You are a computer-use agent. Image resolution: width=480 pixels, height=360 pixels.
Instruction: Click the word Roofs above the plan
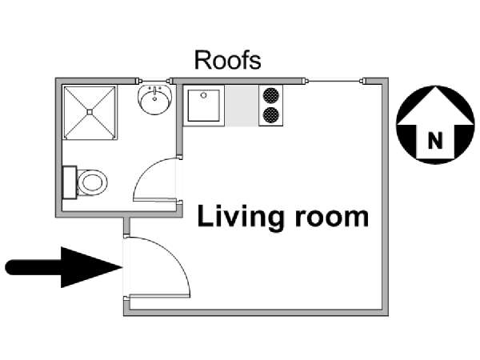[x=228, y=60]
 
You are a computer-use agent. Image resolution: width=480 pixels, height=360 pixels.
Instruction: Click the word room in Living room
[x=332, y=218]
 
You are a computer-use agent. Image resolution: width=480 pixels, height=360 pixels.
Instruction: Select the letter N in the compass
[x=435, y=141]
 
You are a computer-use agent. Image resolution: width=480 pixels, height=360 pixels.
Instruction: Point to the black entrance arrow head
[x=91, y=267]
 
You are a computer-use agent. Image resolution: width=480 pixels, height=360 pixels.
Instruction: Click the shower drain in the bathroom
[x=90, y=112]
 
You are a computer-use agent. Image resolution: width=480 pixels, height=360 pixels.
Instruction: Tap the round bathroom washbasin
[x=155, y=100]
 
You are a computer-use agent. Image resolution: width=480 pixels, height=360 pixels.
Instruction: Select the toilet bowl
[x=92, y=182]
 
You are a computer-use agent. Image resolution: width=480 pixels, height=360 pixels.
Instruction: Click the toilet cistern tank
[x=70, y=182]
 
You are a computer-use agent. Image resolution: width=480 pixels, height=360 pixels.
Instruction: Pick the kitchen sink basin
[x=203, y=106]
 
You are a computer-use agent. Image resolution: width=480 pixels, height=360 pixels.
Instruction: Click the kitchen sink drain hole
[x=203, y=95]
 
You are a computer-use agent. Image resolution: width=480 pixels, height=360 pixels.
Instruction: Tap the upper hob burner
[x=271, y=95]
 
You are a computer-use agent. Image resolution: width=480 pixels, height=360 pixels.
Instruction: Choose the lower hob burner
[x=271, y=115]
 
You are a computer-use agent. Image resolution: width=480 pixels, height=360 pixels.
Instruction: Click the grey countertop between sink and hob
[x=242, y=106]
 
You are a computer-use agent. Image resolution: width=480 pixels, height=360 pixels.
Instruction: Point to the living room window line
[x=334, y=81]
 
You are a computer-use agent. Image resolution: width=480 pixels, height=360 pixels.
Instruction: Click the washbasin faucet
[x=155, y=91]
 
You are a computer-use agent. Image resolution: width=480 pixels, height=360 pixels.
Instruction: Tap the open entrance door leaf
[x=159, y=296]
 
